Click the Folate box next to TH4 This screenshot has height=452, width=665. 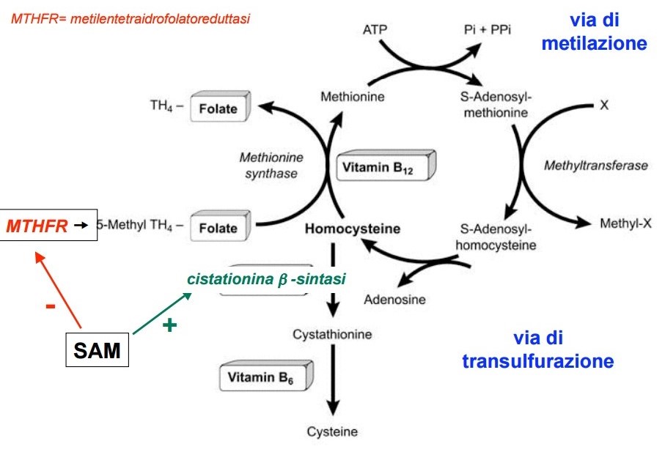pyautogui.click(x=218, y=109)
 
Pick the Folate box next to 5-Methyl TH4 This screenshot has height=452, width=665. pyautogui.click(x=218, y=228)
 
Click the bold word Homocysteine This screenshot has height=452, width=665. pyautogui.click(x=353, y=229)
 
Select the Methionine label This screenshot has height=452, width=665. pyautogui.click(x=353, y=96)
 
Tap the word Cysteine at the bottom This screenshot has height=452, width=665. pyautogui.click(x=333, y=431)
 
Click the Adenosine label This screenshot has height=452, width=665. pyautogui.click(x=394, y=299)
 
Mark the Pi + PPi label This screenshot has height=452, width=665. pyautogui.click(x=485, y=30)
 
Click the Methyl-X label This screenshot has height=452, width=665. pyautogui.click(x=625, y=223)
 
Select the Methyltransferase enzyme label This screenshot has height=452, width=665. pyautogui.click(x=595, y=166)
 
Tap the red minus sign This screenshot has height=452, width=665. pyautogui.click(x=51, y=305)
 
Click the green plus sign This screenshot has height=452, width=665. pyautogui.click(x=170, y=325)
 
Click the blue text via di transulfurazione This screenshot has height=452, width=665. pyautogui.click(x=537, y=350)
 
